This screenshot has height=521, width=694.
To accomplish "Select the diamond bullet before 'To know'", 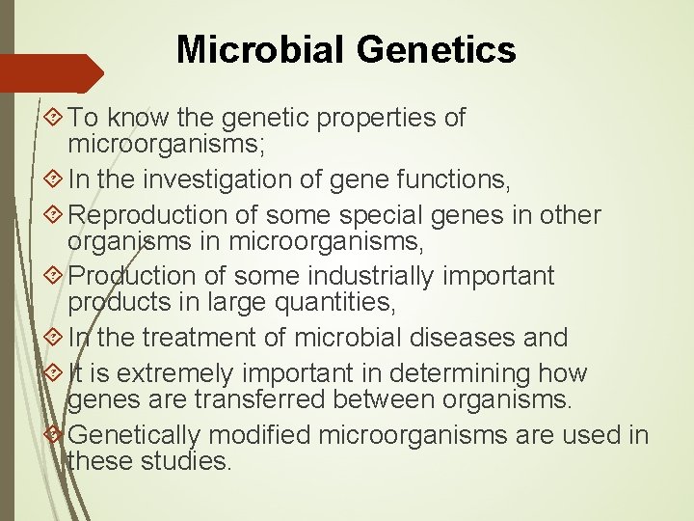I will [55, 119].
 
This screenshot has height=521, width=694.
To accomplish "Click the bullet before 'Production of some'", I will [55, 277].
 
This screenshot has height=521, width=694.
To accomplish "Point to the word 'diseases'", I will [462, 338].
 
